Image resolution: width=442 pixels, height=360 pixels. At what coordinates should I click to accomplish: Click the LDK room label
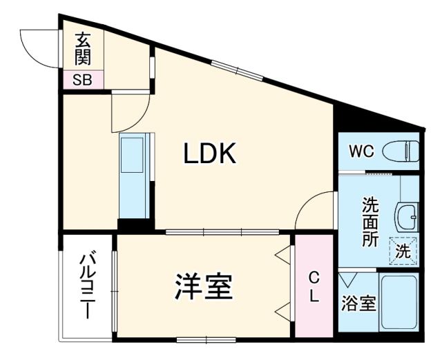click(210, 153)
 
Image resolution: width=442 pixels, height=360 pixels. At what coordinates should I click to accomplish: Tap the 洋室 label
click(203, 287)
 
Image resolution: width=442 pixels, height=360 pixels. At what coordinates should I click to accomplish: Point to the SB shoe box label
click(82, 79)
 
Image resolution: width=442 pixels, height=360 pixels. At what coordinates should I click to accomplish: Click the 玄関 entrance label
click(83, 48)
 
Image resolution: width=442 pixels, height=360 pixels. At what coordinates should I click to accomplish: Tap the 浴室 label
click(359, 303)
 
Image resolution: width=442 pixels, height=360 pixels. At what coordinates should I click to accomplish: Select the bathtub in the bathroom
click(399, 302)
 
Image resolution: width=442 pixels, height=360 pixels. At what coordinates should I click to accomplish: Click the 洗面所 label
click(371, 222)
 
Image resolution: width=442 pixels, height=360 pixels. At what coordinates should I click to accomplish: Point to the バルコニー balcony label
click(88, 285)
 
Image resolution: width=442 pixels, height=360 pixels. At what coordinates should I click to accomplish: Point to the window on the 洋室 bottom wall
click(206, 339)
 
